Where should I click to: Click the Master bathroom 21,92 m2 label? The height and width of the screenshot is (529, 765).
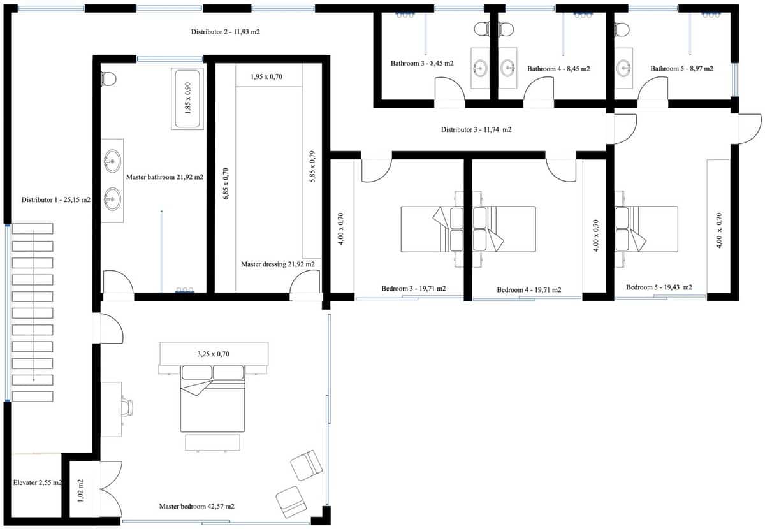click(164, 178)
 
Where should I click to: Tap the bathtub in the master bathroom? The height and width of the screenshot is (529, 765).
click(187, 99)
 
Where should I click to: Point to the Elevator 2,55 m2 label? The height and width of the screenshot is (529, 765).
click(37, 483)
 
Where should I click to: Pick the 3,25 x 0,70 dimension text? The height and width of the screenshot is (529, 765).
click(212, 352)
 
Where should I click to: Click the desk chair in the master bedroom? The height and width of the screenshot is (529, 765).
click(128, 407)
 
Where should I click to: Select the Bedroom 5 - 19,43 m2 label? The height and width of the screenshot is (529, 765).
click(659, 287)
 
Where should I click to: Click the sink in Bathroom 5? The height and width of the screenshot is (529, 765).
click(623, 67)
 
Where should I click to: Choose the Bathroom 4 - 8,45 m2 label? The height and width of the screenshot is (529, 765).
click(558, 69)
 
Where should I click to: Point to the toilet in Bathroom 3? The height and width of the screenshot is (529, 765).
click(483, 28)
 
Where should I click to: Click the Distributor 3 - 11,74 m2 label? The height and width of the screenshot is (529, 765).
click(476, 130)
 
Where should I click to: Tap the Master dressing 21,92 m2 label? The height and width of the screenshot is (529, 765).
click(277, 264)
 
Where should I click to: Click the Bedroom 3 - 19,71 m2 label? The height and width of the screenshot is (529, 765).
click(413, 289)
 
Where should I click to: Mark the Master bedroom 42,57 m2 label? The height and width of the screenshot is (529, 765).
click(196, 507)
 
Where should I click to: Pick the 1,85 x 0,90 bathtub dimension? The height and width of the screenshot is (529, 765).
click(187, 99)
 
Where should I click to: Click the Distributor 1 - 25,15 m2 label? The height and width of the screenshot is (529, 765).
click(55, 200)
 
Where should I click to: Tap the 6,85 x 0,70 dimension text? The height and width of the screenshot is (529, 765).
click(225, 185)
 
